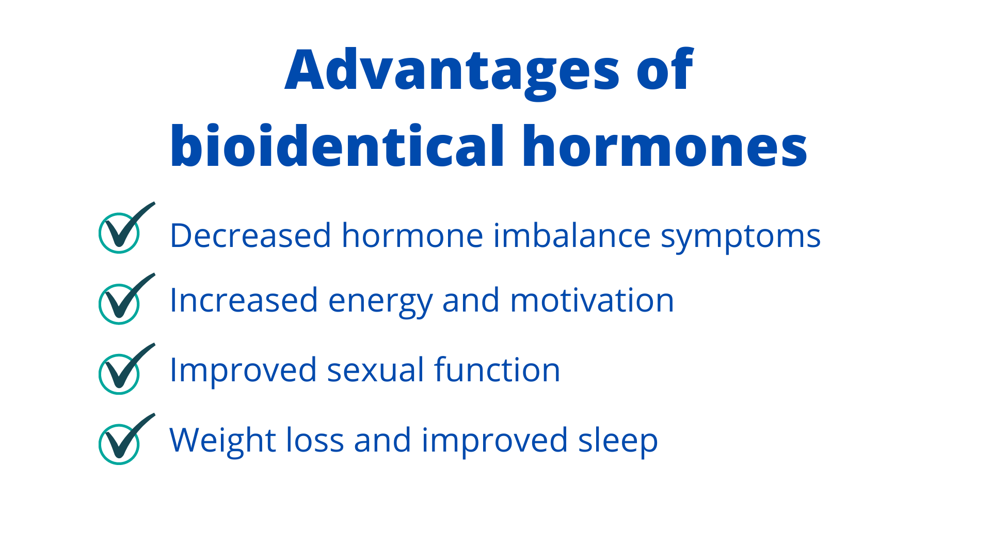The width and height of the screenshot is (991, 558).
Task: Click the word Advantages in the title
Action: click(452, 72)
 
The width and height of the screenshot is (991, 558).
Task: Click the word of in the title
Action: click(665, 69)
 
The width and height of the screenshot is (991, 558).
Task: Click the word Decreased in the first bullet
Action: click(250, 236)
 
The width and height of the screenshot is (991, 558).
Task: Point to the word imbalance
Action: click(572, 235)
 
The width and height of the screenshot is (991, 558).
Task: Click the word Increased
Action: click(244, 300)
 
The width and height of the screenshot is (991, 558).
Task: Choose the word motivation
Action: click(592, 300)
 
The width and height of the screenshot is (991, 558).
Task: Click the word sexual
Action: click(375, 369)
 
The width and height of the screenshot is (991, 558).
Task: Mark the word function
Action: click(497, 369)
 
